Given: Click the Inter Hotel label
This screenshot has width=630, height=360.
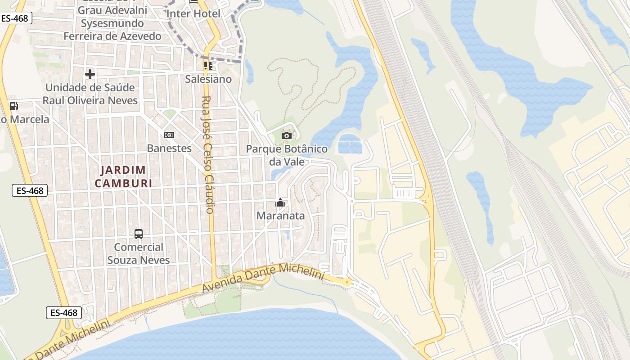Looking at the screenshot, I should [193, 13].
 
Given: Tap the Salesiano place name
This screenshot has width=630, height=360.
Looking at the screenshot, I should [208, 79].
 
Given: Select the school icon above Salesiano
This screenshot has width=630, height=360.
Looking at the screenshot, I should [208, 66].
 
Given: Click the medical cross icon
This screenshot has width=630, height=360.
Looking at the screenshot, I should [90, 74].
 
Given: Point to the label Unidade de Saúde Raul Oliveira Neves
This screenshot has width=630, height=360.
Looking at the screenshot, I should [90, 94].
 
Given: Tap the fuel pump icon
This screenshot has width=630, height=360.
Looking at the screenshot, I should [14, 106].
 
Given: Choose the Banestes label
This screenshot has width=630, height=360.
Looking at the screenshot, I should [169, 148].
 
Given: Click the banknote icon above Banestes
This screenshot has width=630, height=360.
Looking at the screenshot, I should [169, 135].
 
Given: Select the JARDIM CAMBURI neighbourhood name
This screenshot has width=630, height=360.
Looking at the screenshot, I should [123, 176].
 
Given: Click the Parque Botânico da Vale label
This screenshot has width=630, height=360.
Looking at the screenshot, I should [287, 155].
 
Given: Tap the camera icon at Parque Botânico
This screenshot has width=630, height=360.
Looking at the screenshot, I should [287, 135].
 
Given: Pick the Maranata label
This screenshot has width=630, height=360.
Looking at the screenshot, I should [280, 216].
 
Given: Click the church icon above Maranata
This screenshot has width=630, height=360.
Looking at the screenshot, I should [280, 202].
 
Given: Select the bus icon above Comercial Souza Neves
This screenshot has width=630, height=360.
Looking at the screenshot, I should [139, 234].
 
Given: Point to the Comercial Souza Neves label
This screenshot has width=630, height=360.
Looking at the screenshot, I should [139, 253].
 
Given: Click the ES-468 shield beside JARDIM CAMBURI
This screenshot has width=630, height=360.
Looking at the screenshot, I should [30, 190].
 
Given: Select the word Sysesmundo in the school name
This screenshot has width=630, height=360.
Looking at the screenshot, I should [112, 23].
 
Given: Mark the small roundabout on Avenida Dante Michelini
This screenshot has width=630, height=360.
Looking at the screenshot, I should [347, 282].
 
